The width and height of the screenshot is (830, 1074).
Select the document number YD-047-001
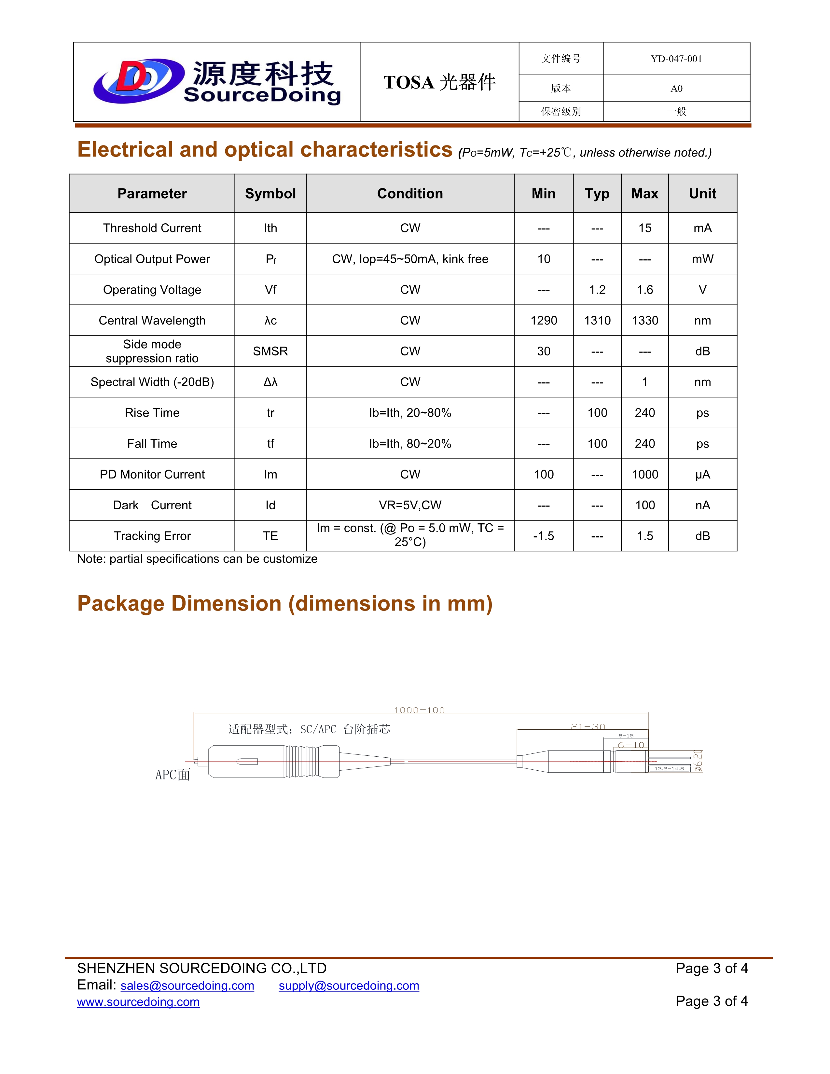point(676,59)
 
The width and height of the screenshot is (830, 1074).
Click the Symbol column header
point(270,194)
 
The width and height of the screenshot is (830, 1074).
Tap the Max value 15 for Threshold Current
point(644,228)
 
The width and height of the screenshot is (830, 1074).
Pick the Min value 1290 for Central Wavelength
point(543,321)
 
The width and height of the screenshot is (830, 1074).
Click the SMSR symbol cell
point(270,351)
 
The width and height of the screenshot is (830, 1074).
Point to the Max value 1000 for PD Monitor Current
point(644,475)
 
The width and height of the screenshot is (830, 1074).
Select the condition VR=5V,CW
point(410,505)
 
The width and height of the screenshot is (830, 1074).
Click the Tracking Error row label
point(152,536)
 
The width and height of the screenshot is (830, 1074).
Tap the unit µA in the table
point(702,475)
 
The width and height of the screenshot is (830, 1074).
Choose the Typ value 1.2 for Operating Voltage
point(597,290)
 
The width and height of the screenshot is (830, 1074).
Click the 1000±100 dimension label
point(420,710)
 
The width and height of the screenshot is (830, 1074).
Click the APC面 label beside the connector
point(173,775)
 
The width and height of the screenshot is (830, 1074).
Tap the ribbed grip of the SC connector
point(301,762)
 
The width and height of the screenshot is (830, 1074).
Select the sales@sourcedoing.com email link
point(187,986)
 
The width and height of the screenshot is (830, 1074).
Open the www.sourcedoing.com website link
point(138,1002)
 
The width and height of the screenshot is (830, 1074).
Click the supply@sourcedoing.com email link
point(349,986)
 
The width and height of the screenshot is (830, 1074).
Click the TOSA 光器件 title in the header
point(440,82)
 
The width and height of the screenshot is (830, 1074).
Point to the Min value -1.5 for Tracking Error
point(543,536)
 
